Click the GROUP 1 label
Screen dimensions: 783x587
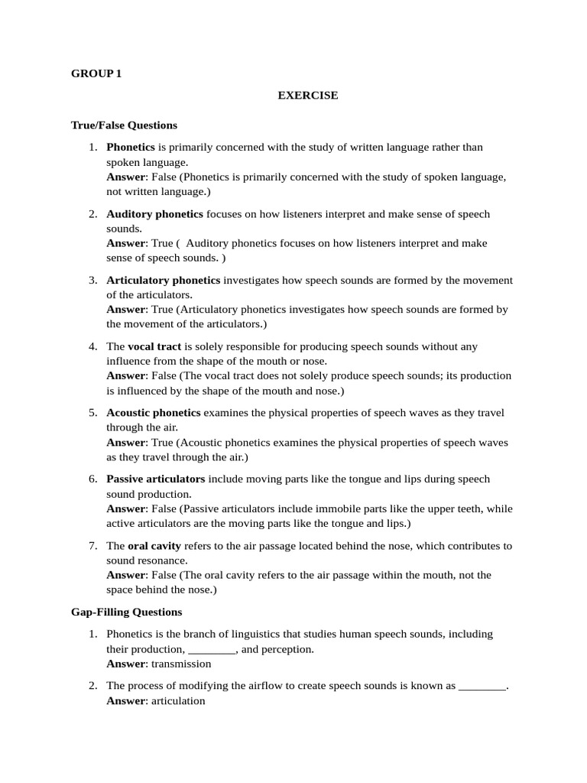pyautogui.click(x=96, y=74)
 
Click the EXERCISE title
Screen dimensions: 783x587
pyautogui.click(x=307, y=96)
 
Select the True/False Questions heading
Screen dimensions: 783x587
pyautogui.click(x=124, y=125)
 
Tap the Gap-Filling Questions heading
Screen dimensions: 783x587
pyautogui.click(x=127, y=612)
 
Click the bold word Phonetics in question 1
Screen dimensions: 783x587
pyautogui.click(x=131, y=147)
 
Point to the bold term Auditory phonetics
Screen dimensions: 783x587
pyautogui.click(x=155, y=213)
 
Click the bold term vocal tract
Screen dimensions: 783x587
pyautogui.click(x=154, y=346)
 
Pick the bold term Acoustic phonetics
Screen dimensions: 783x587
pyautogui.click(x=154, y=413)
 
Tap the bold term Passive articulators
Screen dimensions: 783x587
pyautogui.click(x=156, y=479)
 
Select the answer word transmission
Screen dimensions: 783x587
pyautogui.click(x=181, y=664)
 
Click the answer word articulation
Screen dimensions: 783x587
pyautogui.click(x=179, y=700)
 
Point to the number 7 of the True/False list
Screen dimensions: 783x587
pyautogui.click(x=92, y=546)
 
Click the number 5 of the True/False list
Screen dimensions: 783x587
pyautogui.click(x=92, y=413)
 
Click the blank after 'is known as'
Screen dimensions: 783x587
pyautogui.click(x=482, y=686)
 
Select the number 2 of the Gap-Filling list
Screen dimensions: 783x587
pyautogui.click(x=92, y=686)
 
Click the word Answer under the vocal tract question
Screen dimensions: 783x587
pyautogui.click(x=125, y=375)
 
